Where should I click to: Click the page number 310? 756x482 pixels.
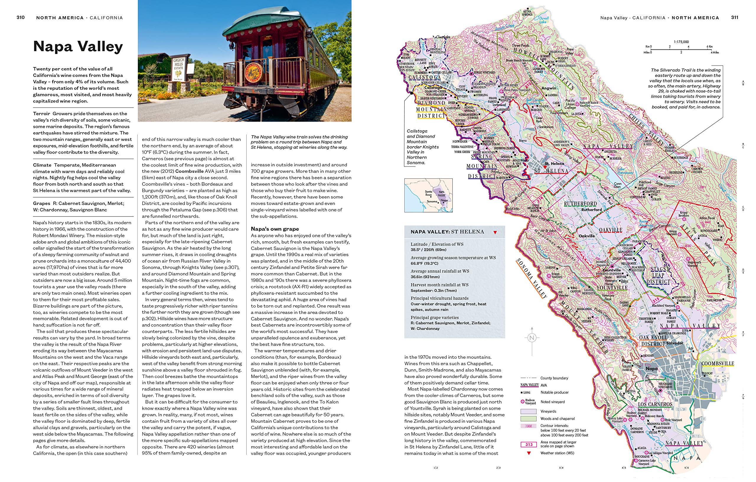coord(20,18)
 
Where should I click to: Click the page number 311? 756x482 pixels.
coord(734,18)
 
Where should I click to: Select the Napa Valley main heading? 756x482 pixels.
coord(78,46)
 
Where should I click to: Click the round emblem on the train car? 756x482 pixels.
coord(253,73)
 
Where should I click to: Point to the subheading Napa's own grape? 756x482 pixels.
coord(275,229)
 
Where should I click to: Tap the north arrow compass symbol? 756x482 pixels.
coord(532,338)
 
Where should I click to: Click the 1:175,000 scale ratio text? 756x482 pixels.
coord(681,42)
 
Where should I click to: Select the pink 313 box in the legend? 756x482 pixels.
coord(529,444)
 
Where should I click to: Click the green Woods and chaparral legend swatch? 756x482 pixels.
coord(528,419)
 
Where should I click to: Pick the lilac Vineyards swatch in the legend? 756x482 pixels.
coord(528,411)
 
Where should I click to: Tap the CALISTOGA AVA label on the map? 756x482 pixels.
coord(424,78)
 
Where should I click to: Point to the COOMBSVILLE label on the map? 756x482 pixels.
coord(717,364)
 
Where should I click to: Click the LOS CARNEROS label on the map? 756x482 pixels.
coord(655,404)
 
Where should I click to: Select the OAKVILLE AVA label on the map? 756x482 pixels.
coord(610,230)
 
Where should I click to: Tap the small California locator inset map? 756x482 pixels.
coord(428,195)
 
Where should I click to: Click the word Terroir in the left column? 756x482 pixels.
coord(41,114)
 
